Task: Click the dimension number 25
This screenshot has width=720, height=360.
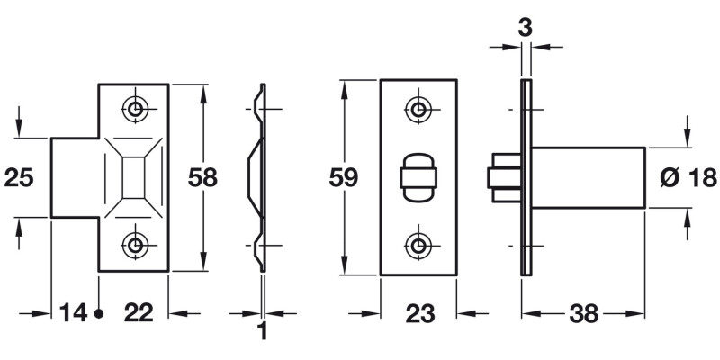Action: click(x=19, y=177)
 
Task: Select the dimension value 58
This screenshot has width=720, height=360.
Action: click(x=202, y=177)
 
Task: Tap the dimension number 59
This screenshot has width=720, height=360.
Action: click(x=343, y=177)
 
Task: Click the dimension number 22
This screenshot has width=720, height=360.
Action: click(x=138, y=313)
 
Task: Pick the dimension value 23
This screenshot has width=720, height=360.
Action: click(x=419, y=313)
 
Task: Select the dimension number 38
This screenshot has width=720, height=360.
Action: click(x=585, y=313)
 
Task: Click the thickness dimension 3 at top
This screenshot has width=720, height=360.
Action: click(x=526, y=27)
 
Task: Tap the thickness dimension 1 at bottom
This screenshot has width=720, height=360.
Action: click(x=263, y=332)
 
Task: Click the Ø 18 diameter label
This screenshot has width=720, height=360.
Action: click(x=688, y=177)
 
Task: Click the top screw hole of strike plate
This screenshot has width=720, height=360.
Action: click(x=136, y=110)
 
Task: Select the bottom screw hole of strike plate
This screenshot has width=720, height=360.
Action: click(x=136, y=244)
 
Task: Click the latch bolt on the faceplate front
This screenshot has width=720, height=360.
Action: click(x=418, y=176)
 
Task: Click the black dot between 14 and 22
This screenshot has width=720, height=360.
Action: click(x=99, y=313)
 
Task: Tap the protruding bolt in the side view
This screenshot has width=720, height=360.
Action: click(x=504, y=176)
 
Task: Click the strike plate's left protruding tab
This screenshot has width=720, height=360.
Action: click(x=74, y=177)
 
